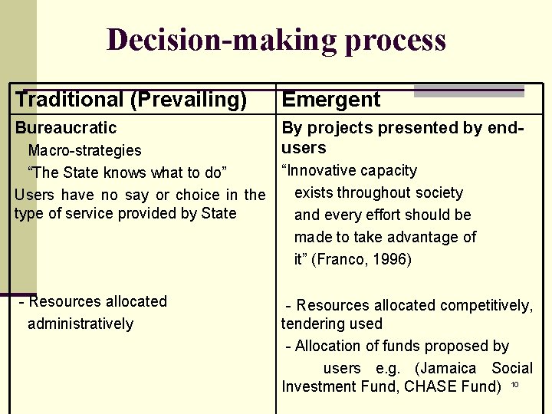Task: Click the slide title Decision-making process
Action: (x=276, y=40)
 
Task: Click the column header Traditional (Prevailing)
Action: (x=131, y=99)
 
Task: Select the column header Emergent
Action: (x=331, y=99)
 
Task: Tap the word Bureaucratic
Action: (x=66, y=128)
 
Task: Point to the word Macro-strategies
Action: (x=84, y=150)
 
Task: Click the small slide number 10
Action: (x=515, y=384)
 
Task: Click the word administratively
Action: (x=80, y=324)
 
